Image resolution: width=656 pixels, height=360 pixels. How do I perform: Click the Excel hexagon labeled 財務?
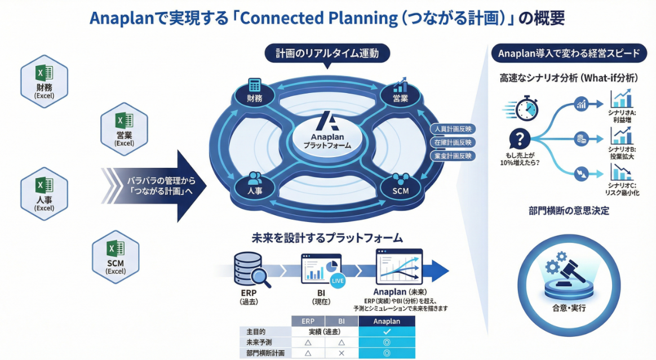click(44, 79)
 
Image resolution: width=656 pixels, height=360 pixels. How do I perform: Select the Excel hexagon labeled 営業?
click(123, 128)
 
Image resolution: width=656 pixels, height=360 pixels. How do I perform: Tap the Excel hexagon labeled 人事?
click(44, 192)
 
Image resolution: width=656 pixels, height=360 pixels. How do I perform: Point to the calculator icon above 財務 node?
click(255, 85)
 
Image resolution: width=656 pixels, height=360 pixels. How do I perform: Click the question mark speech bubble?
click(519, 139)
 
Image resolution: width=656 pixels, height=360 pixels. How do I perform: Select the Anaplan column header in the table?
click(387, 321)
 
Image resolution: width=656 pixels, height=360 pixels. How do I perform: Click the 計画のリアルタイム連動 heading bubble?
click(327, 54)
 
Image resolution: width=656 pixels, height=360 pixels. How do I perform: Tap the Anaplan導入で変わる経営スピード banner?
click(569, 54)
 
